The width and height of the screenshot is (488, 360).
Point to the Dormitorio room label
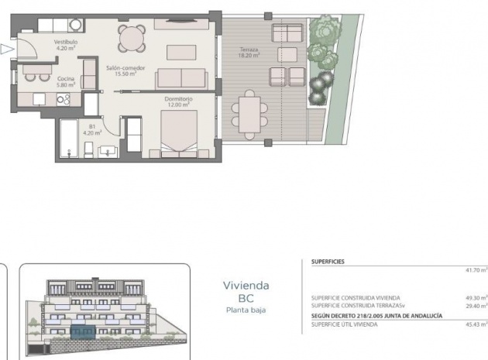(177, 100)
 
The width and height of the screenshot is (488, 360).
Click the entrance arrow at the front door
(7, 50)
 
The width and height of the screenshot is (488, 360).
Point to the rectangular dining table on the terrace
(249, 113)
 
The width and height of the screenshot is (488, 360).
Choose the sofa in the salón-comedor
(180, 78)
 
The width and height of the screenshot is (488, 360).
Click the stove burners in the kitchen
(64, 98)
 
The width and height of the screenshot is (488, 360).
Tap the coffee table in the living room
(181, 52)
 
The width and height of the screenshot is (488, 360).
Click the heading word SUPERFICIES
(328, 262)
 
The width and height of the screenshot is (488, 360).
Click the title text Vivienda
(246, 285)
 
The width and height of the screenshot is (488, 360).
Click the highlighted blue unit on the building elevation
(82, 332)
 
